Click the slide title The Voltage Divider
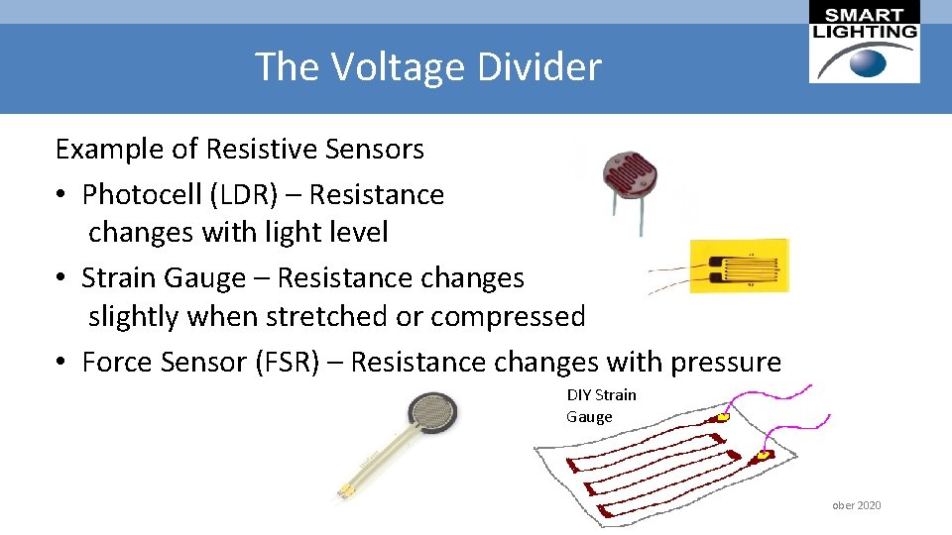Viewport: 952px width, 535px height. (427, 67)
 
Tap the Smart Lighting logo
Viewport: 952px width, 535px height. (864, 43)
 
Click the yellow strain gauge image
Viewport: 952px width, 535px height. (739, 265)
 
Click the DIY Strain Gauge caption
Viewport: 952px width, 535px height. (601, 405)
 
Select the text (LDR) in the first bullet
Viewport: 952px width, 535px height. (241, 194)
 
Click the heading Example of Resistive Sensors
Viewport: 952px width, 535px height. (239, 150)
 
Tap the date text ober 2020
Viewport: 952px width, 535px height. (856, 505)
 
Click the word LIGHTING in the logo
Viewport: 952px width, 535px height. (865, 31)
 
